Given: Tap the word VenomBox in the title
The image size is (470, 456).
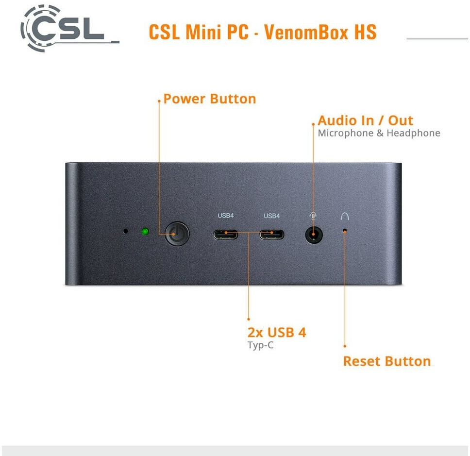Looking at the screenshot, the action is [296, 32].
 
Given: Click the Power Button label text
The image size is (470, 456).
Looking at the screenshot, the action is [209, 99].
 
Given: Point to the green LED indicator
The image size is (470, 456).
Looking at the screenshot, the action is [145, 231].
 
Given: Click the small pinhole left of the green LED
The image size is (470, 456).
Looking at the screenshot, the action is [126, 231].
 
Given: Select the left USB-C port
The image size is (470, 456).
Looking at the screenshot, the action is [226, 235].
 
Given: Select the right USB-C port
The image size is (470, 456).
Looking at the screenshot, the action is [272, 235].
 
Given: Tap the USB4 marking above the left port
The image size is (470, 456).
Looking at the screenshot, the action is [226, 216].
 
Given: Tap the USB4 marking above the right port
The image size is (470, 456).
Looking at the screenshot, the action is [272, 216].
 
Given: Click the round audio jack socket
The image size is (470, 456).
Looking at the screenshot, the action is [314, 235].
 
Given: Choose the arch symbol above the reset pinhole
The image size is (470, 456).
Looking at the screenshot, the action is [345, 217].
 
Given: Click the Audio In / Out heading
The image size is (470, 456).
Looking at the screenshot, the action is [365, 120].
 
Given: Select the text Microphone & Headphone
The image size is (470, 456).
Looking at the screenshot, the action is [379, 133].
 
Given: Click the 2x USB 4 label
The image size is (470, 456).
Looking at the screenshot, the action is [277, 333].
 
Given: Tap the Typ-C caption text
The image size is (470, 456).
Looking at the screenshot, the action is [260, 346].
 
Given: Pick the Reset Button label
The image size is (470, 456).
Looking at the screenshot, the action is [387, 361].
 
